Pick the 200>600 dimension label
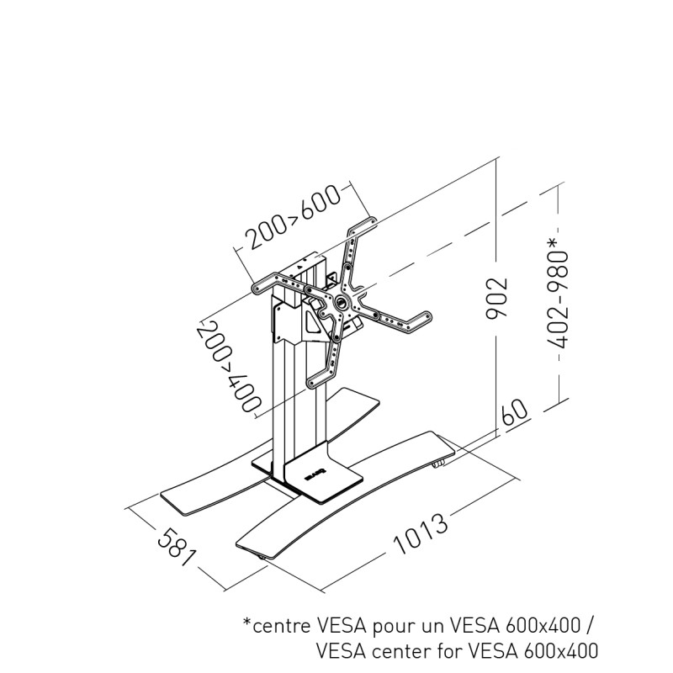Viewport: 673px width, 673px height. point(292,218)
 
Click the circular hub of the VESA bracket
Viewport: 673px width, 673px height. point(341,302)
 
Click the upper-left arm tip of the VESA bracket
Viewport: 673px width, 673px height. point(261,286)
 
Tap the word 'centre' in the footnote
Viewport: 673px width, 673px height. point(282,627)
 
